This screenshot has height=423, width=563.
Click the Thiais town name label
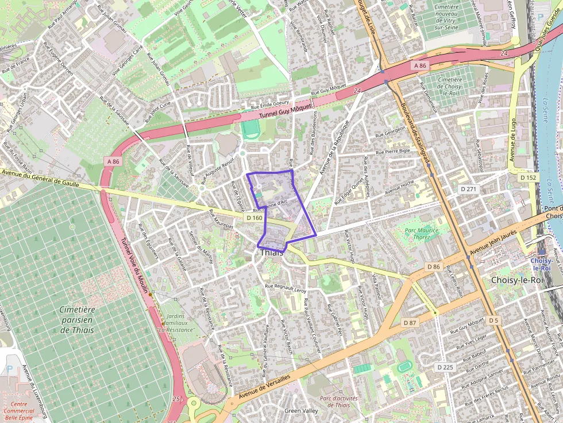[x=272, y=253]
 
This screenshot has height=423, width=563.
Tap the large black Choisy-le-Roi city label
[x=518, y=280]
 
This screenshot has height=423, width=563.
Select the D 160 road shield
[x=254, y=218]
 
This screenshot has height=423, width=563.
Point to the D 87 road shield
[x=410, y=323]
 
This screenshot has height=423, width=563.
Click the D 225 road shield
[x=445, y=367]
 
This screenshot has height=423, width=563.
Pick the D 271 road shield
[x=468, y=188]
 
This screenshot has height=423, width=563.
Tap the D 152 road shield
[x=528, y=177]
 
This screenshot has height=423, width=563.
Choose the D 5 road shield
[x=493, y=320]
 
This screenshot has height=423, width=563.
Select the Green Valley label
[x=301, y=411]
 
